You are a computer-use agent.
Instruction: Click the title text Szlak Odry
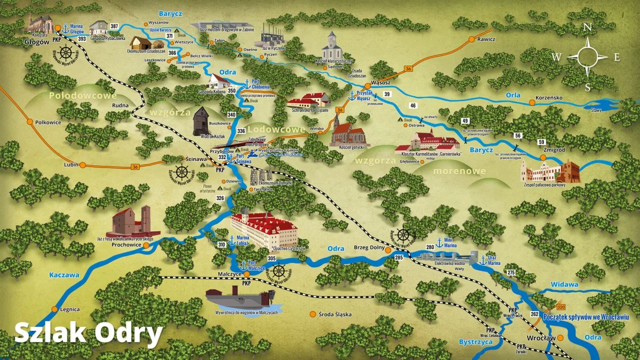coord(88,333)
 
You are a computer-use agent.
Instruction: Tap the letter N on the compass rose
coord(588,27)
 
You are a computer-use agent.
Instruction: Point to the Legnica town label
coord(69,309)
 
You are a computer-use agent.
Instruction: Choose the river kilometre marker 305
coord(271,258)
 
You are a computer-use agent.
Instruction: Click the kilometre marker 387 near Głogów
coord(114,26)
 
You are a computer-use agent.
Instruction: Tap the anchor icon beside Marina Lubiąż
coord(231,240)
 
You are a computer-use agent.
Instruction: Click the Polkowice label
coord(48,122)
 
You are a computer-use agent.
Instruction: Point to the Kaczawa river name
coord(64,274)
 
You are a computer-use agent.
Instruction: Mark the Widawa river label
coord(564,284)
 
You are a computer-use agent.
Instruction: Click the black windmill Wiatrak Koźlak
coord(202,121)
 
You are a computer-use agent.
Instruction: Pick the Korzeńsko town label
coord(549,98)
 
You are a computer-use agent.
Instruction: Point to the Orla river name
coord(512,95)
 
